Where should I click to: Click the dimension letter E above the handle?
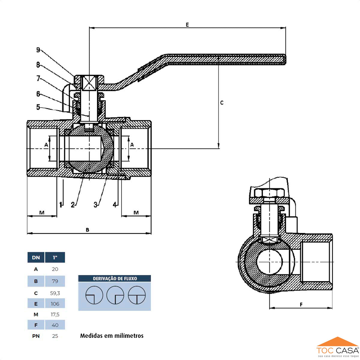click(187, 25)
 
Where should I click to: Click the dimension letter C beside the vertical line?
click(222, 103)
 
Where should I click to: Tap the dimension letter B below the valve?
click(88, 230)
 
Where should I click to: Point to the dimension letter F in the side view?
click(301, 304)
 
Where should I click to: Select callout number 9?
click(38, 50)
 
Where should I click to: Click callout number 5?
click(38, 107)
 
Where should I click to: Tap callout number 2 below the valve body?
click(73, 205)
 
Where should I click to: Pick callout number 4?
click(115, 205)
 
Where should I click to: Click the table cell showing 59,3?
click(55, 293)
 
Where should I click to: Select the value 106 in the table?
click(55, 304)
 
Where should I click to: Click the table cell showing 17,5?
click(55, 314)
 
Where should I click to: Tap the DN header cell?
click(36, 257)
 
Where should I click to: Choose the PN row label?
click(36, 336)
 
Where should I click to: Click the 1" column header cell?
click(55, 257)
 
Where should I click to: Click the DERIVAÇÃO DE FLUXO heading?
click(115, 279)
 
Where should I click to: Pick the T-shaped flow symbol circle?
click(136, 295)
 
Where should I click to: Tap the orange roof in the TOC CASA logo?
click(337, 342)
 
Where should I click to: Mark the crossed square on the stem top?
click(89, 82)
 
